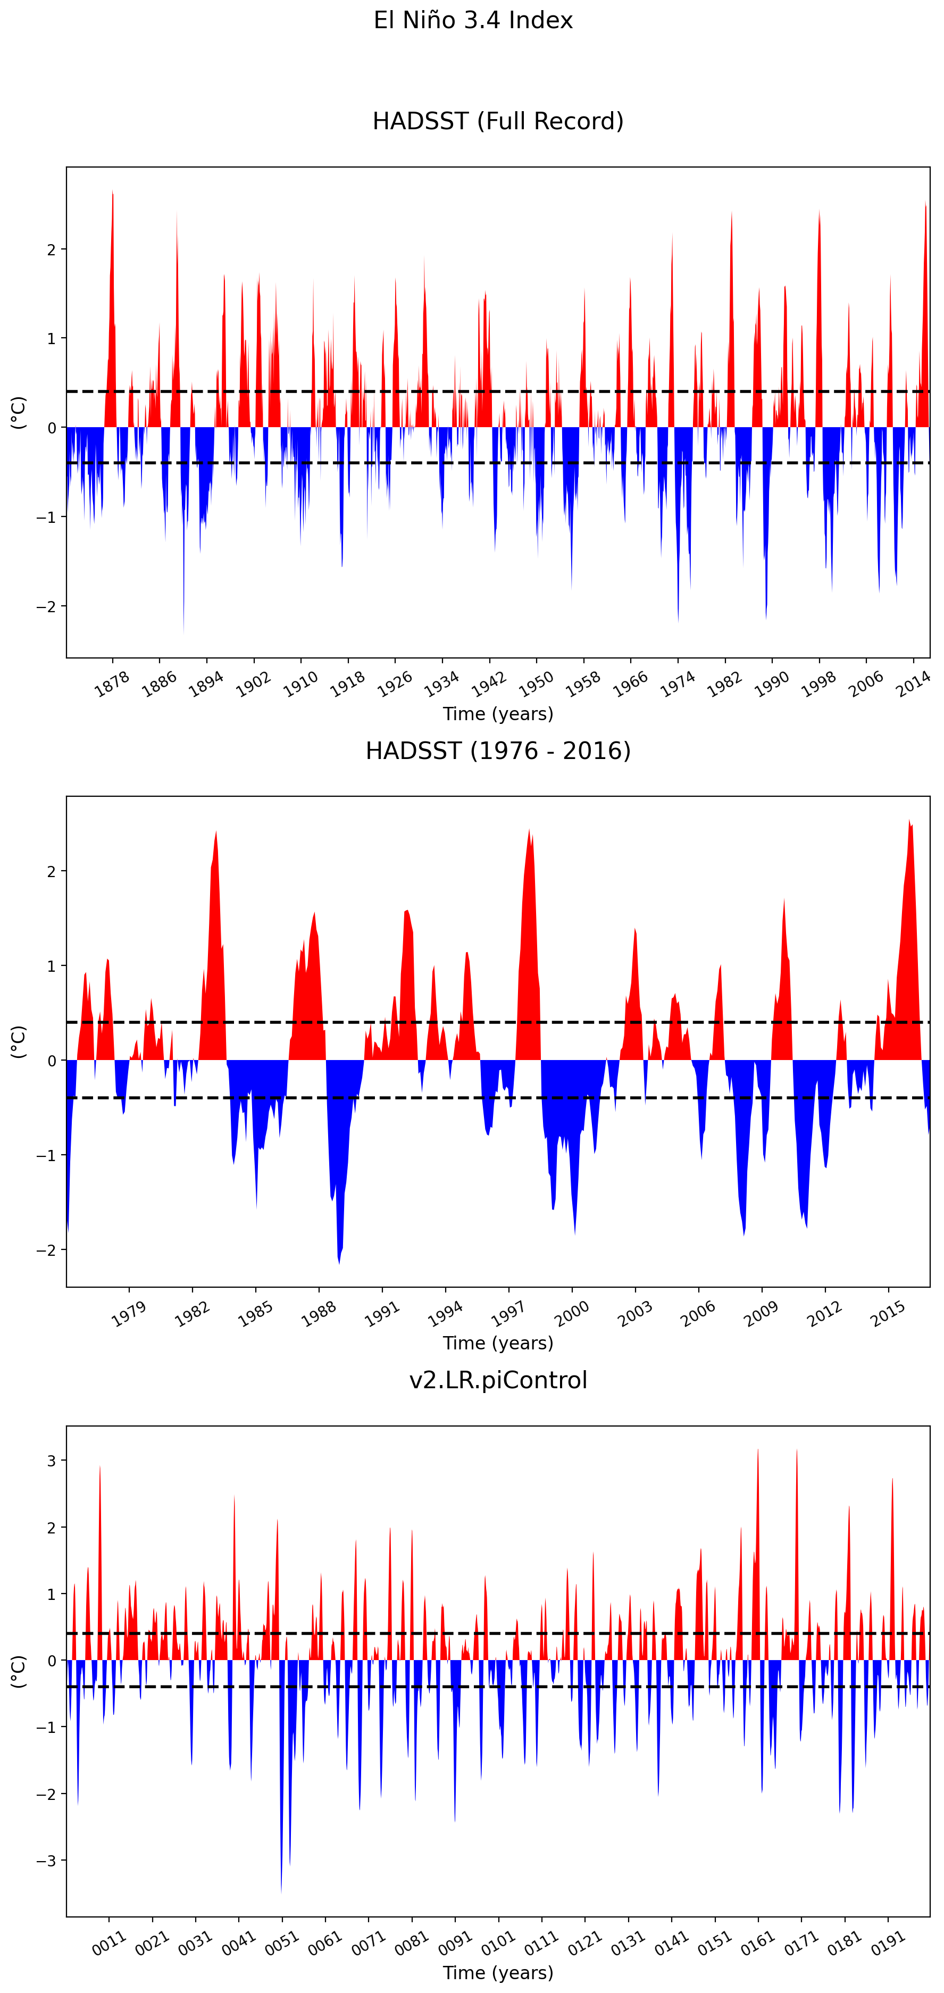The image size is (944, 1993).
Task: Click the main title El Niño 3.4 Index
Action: point(473,20)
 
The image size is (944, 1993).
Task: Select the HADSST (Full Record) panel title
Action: point(498,121)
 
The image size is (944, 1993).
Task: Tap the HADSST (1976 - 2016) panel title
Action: point(498,750)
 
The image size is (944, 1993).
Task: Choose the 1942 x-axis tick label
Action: point(489,684)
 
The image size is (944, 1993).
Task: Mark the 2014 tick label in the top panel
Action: point(913,684)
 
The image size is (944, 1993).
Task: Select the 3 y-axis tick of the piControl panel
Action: point(52,1461)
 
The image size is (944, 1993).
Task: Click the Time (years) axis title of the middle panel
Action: point(498,1343)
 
